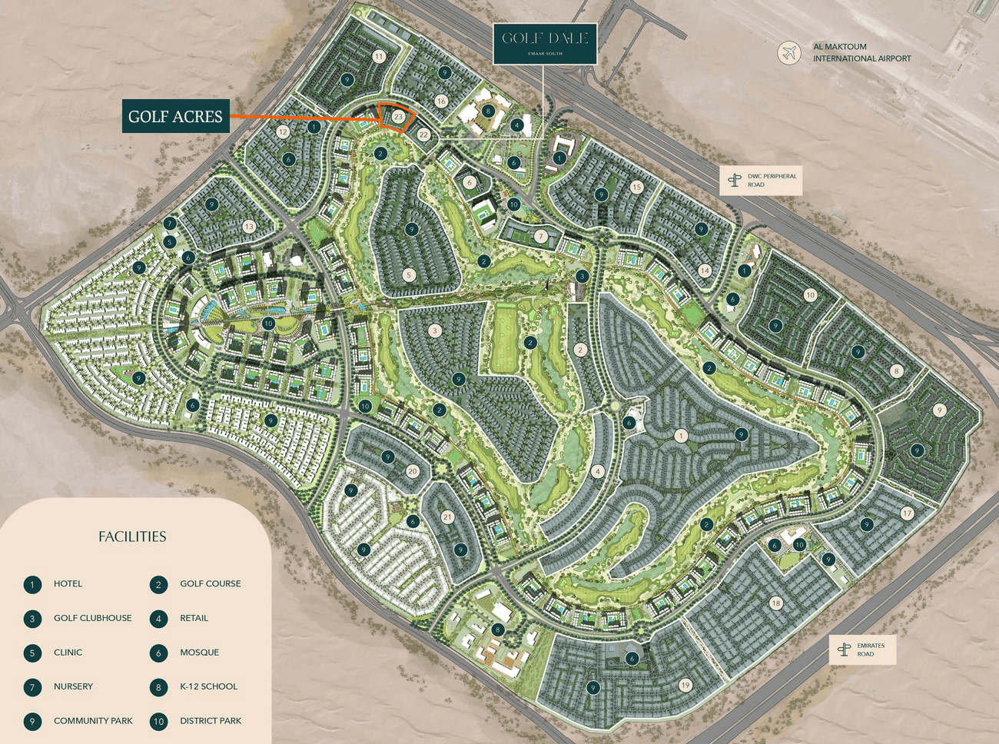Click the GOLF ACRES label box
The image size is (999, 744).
tap(176, 117)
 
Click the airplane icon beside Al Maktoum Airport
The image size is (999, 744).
tap(788, 52)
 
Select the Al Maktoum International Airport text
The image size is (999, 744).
tap(861, 52)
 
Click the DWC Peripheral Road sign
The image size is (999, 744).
tap(761, 181)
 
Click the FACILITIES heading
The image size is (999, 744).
tap(132, 536)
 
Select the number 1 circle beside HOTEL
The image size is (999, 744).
tap(32, 585)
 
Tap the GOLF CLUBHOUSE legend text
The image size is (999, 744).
tap(92, 618)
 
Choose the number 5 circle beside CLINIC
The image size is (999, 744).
tap(32, 653)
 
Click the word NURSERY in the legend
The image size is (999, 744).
tap(73, 686)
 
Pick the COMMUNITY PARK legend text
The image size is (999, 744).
tap(93, 721)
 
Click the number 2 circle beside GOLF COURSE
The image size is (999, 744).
tap(159, 585)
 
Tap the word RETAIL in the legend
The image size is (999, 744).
tap(194, 618)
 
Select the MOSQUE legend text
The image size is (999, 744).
tap(199, 653)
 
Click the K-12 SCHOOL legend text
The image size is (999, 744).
tap(208, 686)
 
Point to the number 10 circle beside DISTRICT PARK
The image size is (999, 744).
tap(159, 722)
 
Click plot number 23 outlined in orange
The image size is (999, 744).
tap(398, 117)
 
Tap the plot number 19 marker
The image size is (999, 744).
tap(685, 685)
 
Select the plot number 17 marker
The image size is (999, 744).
tap(908, 513)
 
